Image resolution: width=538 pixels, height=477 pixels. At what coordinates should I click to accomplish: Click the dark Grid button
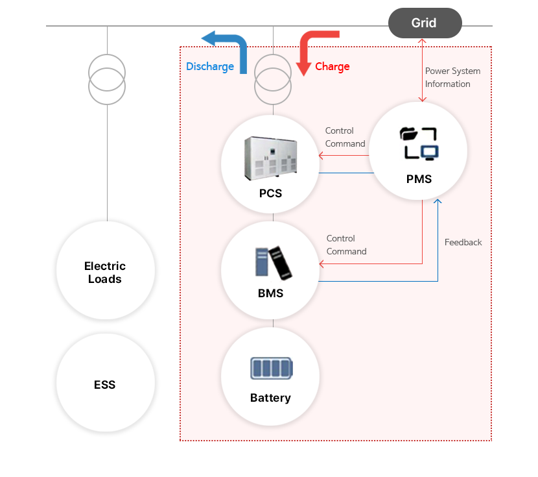[425, 23]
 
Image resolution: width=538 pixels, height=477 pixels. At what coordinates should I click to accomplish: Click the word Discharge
[210, 66]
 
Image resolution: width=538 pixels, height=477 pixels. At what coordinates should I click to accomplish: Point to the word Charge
[333, 66]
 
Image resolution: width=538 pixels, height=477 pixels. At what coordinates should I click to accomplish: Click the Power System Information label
[452, 77]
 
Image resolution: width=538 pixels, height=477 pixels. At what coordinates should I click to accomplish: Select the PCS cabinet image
[270, 158]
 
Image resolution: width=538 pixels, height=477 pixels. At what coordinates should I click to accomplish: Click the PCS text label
[270, 193]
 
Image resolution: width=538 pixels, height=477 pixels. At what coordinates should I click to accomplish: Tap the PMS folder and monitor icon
[419, 143]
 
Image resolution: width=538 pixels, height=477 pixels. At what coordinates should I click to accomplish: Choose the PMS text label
[419, 179]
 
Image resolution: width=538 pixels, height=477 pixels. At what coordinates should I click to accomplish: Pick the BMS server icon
[272, 263]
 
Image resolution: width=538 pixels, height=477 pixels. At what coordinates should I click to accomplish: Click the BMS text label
[270, 293]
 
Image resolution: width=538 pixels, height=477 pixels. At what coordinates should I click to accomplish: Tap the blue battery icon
[271, 369]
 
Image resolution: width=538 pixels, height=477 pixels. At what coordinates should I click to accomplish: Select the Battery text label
[270, 398]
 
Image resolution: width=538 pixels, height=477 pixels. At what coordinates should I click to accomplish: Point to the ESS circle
[105, 384]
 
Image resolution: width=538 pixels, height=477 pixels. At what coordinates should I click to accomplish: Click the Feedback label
[463, 242]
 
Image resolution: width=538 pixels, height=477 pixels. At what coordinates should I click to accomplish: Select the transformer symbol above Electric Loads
[107, 79]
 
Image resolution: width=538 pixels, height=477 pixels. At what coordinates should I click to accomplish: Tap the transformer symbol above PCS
[273, 79]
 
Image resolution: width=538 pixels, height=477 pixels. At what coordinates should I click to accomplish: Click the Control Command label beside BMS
[346, 245]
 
